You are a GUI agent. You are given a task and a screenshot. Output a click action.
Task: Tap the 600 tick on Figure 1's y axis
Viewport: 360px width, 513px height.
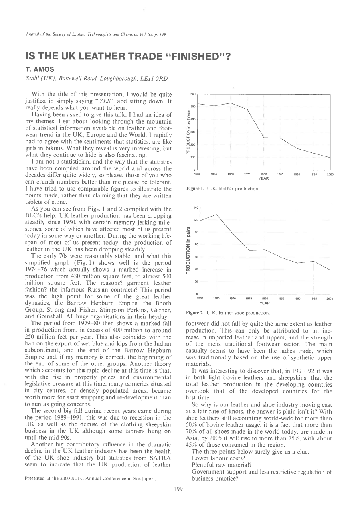pyautogui.click(x=192, y=94)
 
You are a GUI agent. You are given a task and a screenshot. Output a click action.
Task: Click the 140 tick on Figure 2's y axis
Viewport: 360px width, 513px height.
pyautogui.click(x=196, y=207)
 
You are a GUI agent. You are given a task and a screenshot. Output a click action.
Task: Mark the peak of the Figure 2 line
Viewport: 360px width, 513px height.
pyautogui.click(x=217, y=215)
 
